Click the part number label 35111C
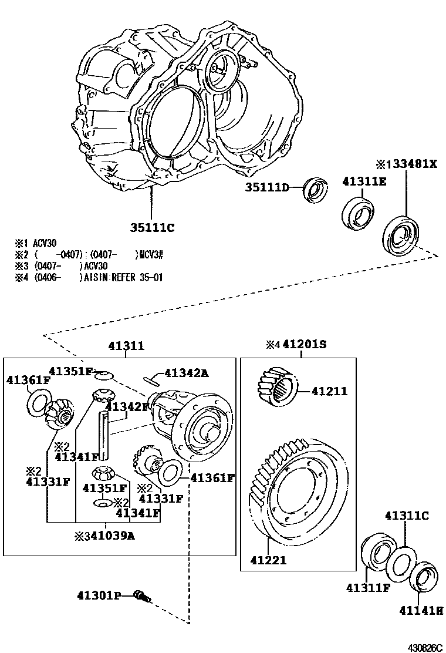153,227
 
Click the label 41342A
186,372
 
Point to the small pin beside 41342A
151,379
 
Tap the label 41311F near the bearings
368,587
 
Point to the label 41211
329,391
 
